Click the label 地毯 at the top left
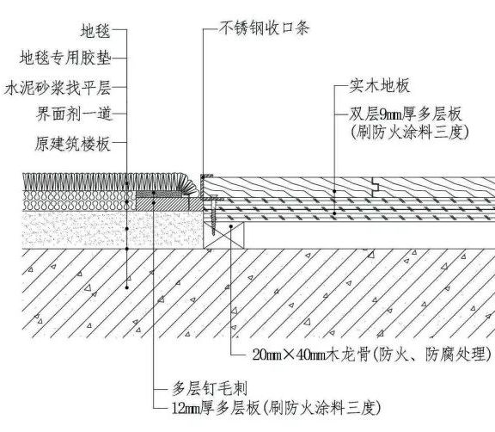point(95,31)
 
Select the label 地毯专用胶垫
point(65,58)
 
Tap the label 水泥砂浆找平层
point(58,88)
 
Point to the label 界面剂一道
point(74,114)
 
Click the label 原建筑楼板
point(72,144)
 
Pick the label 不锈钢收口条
point(264,28)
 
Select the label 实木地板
point(380,86)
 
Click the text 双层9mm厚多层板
point(406,114)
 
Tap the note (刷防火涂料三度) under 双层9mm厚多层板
point(409,133)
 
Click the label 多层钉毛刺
point(210,388)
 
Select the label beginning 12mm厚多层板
point(276,408)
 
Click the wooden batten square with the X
point(223,235)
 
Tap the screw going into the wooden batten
point(213,216)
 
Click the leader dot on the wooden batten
point(231,226)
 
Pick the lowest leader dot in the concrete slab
point(127,287)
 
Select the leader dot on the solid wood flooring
point(334,191)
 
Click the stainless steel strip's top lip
point(207,176)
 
